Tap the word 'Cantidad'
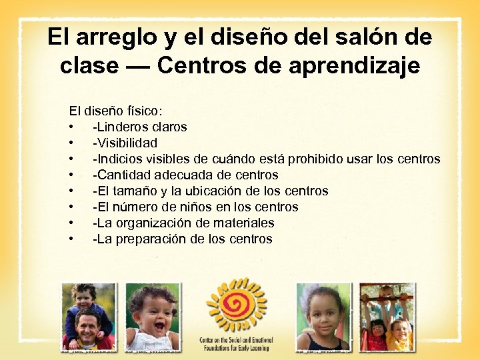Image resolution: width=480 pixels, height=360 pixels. coord(123,175)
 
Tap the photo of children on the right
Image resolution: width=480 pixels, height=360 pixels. coord(386,317)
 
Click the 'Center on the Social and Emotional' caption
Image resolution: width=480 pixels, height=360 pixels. coord(236,339)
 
